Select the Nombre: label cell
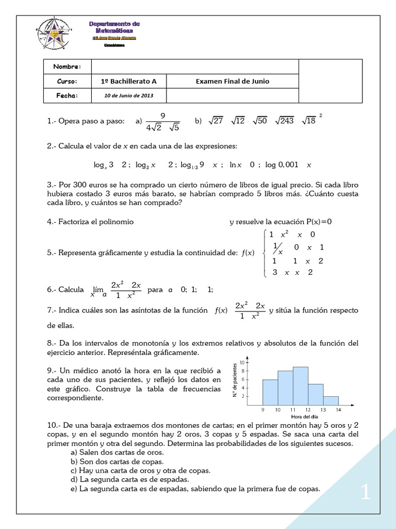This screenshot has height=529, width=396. (67, 67)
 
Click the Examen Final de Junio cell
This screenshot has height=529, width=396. (233, 81)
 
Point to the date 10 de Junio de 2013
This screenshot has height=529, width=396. (129, 96)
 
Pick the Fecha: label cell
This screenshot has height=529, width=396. (67, 96)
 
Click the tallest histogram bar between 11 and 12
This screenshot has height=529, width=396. (301, 385)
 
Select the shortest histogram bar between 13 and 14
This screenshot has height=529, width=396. (331, 400)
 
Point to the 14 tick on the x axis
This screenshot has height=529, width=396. (338, 410)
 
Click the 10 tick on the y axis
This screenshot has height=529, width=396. (242, 363)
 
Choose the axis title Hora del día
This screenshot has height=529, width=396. (304, 417)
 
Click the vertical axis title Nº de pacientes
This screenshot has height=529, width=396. (235, 380)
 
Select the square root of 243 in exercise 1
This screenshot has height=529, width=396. (286, 121)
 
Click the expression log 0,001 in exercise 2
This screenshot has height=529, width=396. (282, 165)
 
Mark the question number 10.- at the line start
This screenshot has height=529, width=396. (55, 425)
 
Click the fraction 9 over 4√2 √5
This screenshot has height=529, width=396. (162, 121)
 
